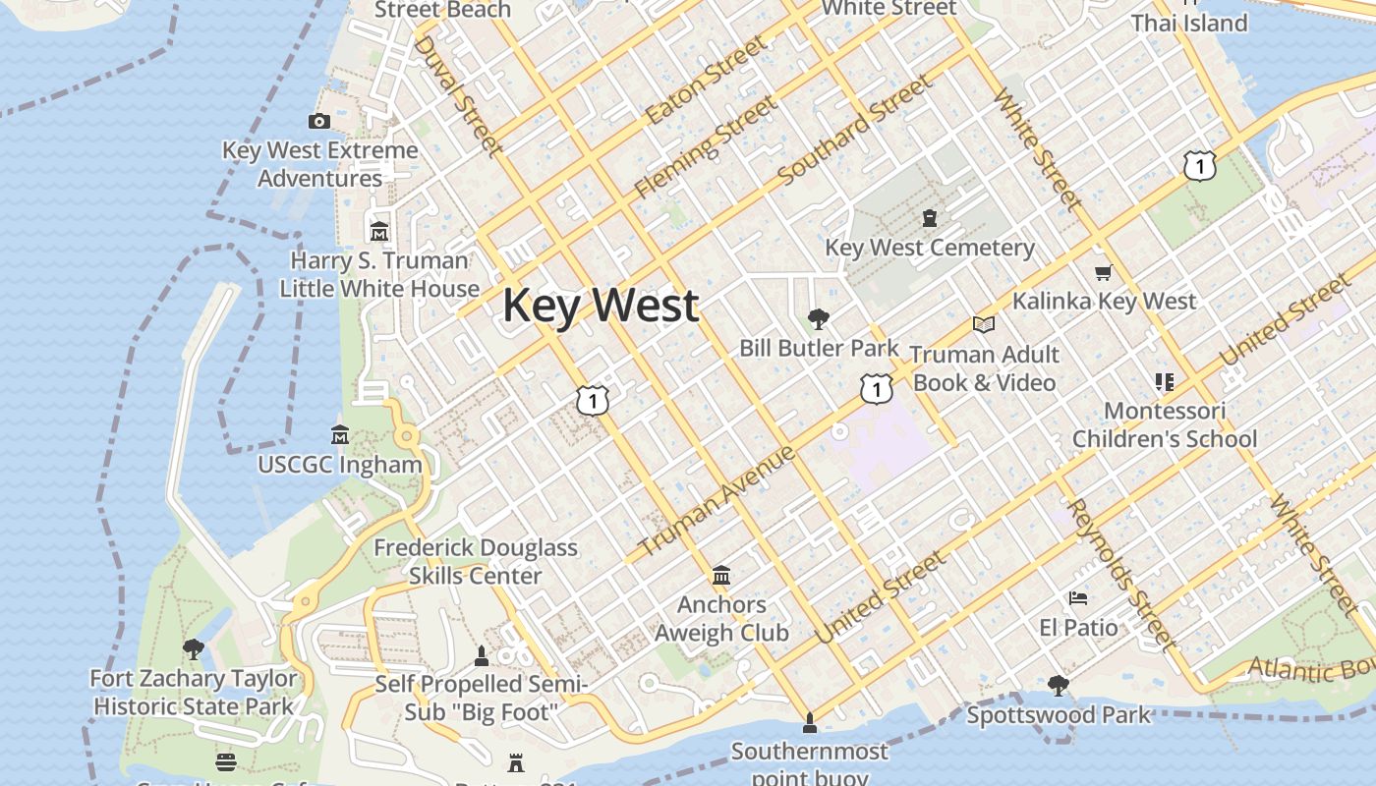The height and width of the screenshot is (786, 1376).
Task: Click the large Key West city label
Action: coord(601,306)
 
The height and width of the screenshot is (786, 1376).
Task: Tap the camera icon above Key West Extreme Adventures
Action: coord(319,121)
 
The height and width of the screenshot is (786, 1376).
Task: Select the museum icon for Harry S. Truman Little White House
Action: coord(379,232)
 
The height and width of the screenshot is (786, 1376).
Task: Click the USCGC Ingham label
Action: coord(340,465)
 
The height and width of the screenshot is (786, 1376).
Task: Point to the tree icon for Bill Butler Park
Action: coord(818,319)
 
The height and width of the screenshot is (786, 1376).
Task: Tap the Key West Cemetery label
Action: coord(930,248)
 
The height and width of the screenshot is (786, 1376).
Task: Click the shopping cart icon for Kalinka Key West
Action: coord(1103,273)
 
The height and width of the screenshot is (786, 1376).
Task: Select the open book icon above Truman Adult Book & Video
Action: coord(984,324)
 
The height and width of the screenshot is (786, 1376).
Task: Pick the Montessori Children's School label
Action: coord(1165,424)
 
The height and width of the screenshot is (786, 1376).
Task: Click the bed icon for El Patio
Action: coord(1078,598)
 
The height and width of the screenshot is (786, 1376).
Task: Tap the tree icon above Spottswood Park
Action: coord(1059,685)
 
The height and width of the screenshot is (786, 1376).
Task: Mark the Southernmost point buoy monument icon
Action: coord(809,724)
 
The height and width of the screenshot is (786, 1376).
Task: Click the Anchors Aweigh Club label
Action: coord(721,618)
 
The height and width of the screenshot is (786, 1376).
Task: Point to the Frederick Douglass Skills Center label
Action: coord(476,561)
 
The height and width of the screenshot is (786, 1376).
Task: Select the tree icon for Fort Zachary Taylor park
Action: coord(194,648)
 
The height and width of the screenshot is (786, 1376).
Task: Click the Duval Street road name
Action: coord(458,95)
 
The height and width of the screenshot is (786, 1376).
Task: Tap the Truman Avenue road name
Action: coord(717,501)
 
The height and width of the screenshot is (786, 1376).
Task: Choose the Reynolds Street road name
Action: coord(1120,575)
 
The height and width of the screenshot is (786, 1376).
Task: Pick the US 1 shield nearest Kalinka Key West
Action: coord(1200,166)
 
